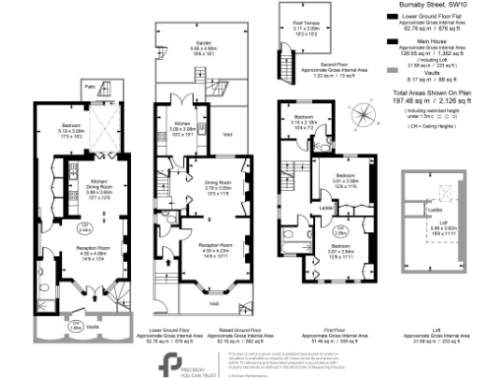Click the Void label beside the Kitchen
pos(227,135)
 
